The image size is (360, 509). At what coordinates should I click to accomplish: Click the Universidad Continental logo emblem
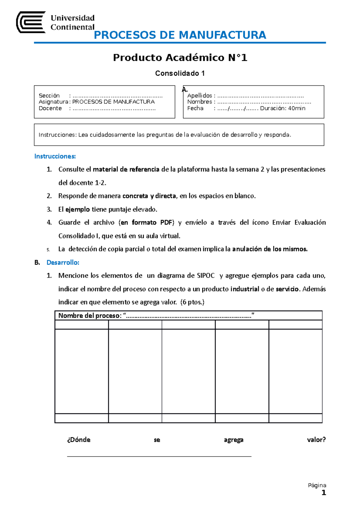31,22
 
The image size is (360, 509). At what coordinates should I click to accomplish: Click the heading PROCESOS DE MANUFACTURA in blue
180,35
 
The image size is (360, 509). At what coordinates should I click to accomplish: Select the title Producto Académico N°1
180,58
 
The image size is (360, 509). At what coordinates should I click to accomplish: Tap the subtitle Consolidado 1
180,73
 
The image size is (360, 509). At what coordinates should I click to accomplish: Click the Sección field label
49,96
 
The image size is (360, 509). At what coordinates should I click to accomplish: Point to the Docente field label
50,108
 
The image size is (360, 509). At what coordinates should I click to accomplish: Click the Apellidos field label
199,96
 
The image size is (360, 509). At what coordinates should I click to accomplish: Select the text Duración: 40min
283,108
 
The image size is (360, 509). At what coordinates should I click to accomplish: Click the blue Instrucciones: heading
55,156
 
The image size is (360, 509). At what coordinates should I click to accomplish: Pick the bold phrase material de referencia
126,169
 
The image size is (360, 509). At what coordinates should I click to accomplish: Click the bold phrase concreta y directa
149,196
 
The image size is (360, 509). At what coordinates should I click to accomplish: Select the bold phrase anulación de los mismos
270,249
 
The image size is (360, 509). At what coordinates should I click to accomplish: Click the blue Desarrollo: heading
63,263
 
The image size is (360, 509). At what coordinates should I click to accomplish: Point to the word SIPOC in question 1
206,276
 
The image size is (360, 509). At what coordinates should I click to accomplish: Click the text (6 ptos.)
192,302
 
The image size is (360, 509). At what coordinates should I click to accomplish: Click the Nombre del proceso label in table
90,316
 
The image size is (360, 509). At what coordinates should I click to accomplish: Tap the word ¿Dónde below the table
79,440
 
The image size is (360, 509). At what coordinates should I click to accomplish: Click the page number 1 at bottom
323,493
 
